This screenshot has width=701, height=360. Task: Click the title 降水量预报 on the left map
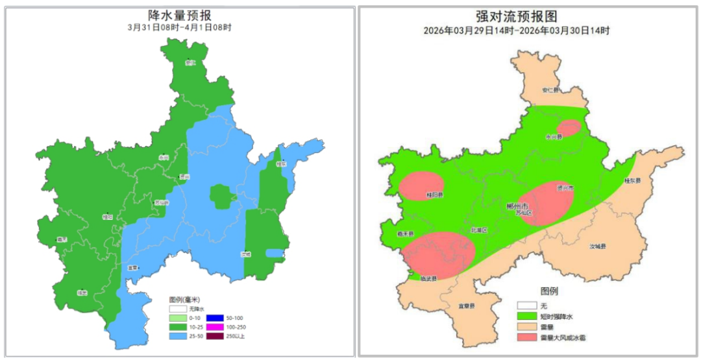pos(180,15)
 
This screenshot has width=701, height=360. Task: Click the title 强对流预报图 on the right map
pos(526,16)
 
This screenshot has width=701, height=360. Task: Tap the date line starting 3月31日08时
pos(180,28)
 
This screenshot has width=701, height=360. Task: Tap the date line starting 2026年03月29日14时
pos(526,30)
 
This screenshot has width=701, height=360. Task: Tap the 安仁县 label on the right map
pos(549,90)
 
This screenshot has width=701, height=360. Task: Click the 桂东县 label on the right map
pos(632,180)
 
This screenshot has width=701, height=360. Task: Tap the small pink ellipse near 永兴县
pos(570,128)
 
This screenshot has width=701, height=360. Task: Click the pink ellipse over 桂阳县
pos(421,186)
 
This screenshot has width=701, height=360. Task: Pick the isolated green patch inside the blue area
pos(221,196)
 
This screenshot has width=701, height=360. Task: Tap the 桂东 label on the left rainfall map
pos(280,165)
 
